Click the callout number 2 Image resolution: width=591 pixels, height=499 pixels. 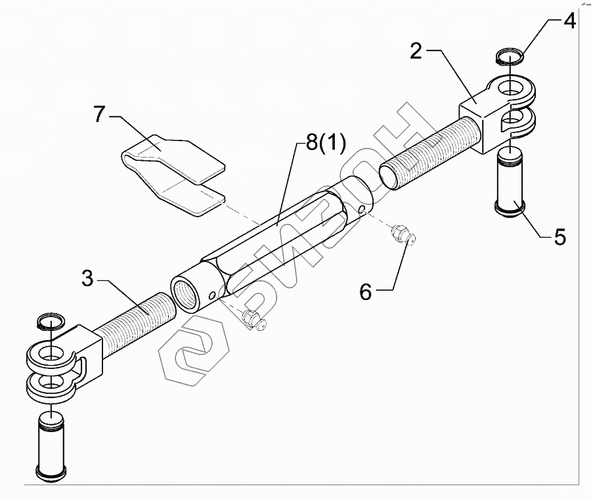tap(416, 51)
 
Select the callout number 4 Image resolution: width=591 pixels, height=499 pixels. tap(569, 21)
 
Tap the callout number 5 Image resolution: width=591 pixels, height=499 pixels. tap(559, 236)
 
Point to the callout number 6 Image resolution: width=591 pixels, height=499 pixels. tap(366, 291)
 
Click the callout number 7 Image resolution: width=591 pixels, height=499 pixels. tap(99, 114)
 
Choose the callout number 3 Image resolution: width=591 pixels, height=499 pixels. tap(88, 278)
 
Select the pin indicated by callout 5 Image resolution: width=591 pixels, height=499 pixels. tap(510, 181)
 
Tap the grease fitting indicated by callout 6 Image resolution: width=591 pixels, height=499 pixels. tap(401, 234)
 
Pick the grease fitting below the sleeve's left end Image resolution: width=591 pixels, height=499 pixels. tap(252, 320)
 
